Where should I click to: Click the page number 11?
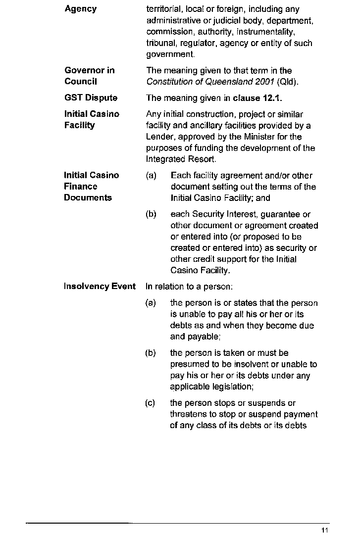pyautogui.click(x=325, y=530)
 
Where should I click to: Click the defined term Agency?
pyautogui.click(x=81, y=9)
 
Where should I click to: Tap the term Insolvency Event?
pyautogui.click(x=100, y=287)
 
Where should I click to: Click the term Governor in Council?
pyautogui.click(x=89, y=76)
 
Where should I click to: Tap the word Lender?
pyautogui.click(x=160, y=137)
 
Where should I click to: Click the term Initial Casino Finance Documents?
pyautogui.click(x=91, y=187)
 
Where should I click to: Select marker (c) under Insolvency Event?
pyautogui.click(x=151, y=403)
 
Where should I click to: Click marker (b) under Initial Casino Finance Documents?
pyautogui.click(x=151, y=215)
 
